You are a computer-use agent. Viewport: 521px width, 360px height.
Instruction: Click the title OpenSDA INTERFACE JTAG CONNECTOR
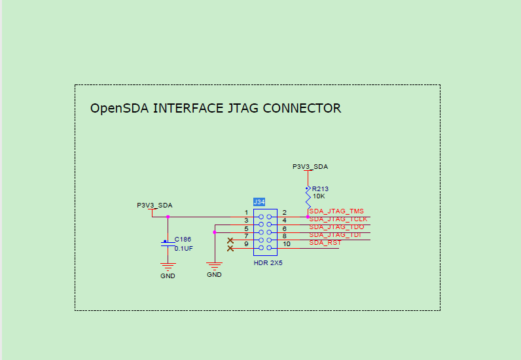[x=215, y=109]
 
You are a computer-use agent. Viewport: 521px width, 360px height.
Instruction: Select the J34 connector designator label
[x=259, y=202]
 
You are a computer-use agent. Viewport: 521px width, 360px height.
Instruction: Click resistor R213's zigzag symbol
[x=308, y=198]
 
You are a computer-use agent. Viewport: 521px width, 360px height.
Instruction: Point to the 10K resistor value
[x=319, y=196]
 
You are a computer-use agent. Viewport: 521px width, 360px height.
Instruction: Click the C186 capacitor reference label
[x=183, y=240]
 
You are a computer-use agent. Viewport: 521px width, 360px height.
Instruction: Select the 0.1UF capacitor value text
[x=183, y=249]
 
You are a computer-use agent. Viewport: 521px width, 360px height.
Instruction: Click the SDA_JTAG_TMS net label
[x=336, y=211]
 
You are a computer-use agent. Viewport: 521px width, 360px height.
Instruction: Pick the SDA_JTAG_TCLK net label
[x=338, y=219]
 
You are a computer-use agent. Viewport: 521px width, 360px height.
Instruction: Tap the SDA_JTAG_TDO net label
[x=336, y=227]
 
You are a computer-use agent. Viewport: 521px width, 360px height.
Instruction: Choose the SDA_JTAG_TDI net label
[x=335, y=235]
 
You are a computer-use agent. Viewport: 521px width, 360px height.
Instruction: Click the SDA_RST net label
[x=325, y=243]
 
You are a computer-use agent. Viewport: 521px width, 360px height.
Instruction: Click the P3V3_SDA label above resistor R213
[x=310, y=167]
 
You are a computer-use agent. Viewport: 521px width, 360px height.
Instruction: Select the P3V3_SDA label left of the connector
[x=154, y=205]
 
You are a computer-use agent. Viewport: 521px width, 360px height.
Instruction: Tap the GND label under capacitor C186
[x=168, y=276]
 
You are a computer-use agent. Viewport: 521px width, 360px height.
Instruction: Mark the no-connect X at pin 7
[x=230, y=240]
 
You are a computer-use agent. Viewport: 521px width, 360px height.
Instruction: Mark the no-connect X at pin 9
[x=230, y=248]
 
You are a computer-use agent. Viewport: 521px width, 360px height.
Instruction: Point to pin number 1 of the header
[x=246, y=213]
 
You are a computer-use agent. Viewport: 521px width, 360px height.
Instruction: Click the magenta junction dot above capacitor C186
[x=168, y=217]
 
